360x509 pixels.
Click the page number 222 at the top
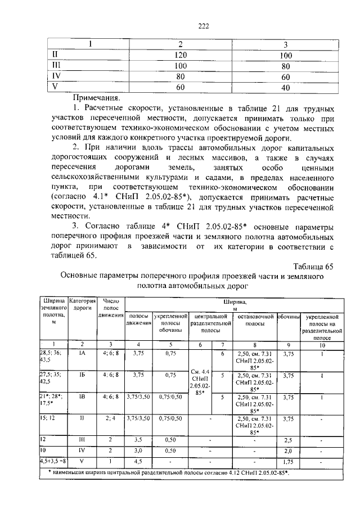pos(180,26)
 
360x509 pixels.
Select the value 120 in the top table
pos(180,55)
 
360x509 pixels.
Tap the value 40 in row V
pos(285,87)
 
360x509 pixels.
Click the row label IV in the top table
pos(56,76)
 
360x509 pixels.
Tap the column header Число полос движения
pos(111,308)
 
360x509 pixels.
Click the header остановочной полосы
pos(255,321)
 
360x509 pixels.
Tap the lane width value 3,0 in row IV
pos(138,451)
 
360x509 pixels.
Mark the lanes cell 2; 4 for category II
pos(111,418)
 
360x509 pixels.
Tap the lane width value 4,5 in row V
pos(138,462)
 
